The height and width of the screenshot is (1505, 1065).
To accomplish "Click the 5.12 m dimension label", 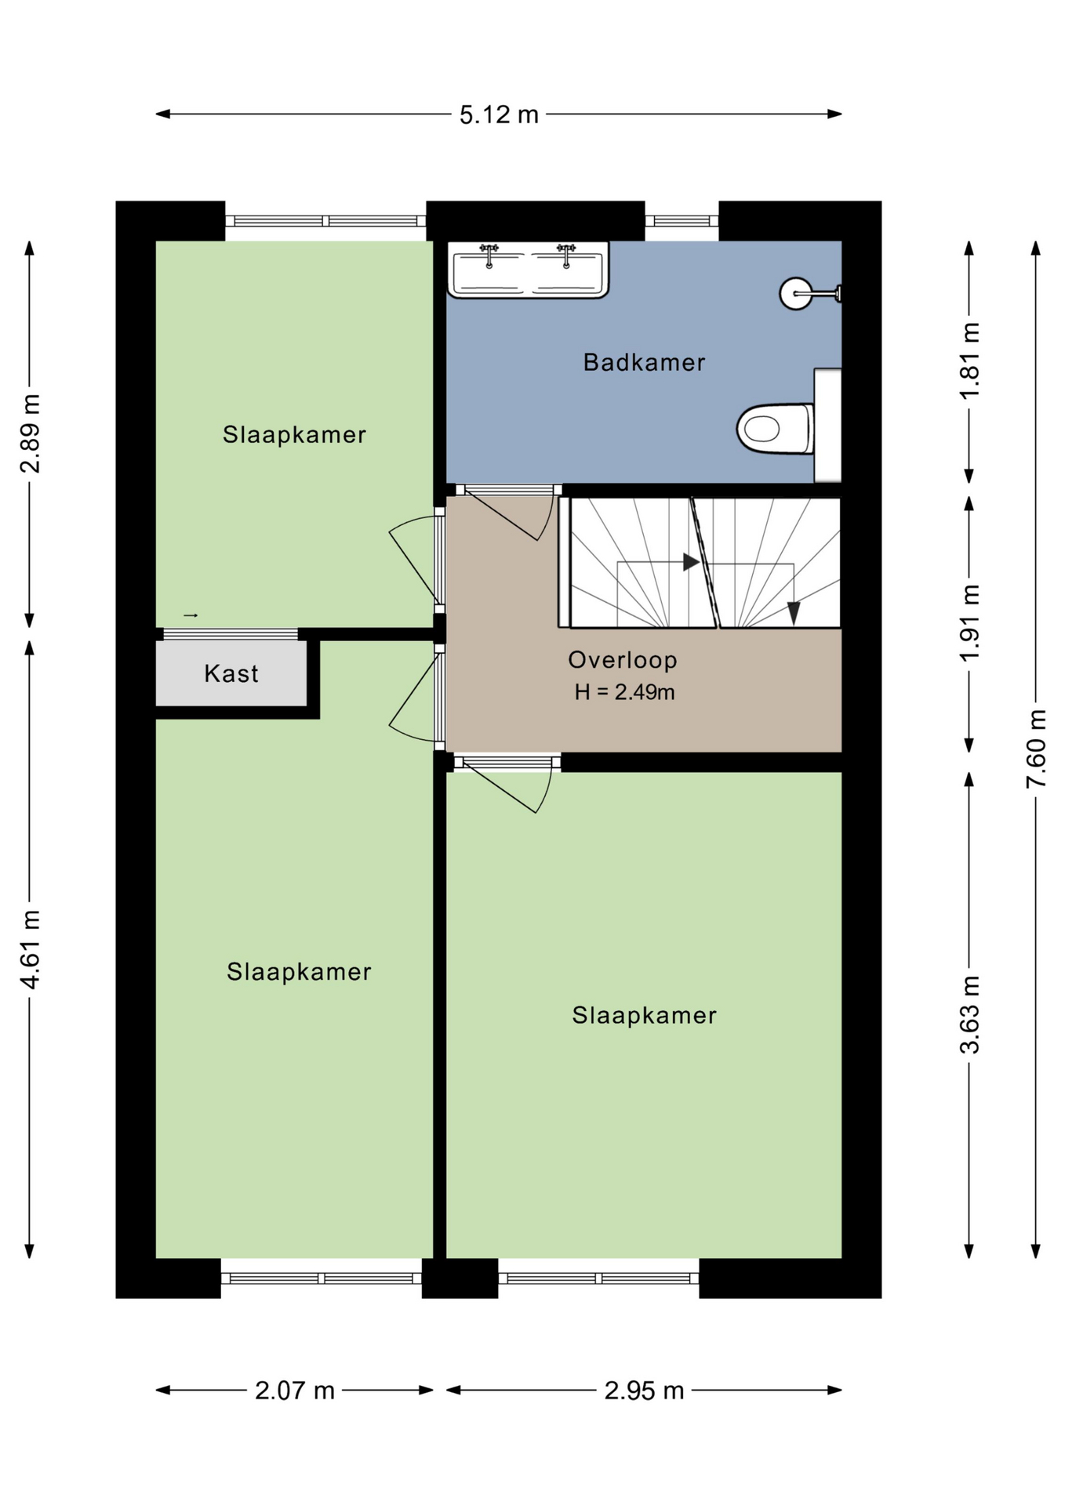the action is [499, 115].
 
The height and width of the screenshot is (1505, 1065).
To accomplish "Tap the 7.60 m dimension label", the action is [1036, 749].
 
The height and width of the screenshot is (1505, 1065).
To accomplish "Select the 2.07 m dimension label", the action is [295, 1391].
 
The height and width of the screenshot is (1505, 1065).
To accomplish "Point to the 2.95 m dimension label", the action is [644, 1391].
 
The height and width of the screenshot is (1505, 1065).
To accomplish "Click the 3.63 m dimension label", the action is [969, 1014].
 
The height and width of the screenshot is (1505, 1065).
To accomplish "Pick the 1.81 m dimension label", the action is [969, 361].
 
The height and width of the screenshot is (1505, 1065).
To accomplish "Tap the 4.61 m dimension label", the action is [30, 949].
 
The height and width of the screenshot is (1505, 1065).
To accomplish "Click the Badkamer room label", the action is [644, 362].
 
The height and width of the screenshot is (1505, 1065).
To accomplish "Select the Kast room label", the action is [231, 673].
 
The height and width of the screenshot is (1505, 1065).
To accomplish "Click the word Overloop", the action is [623, 660].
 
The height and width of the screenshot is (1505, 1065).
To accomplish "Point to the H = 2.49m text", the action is [624, 692].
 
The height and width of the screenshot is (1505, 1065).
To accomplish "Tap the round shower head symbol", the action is [795, 294].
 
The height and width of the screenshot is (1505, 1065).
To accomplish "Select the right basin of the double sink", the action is [566, 271].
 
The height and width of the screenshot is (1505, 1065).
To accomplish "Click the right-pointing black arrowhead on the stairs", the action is [691, 562].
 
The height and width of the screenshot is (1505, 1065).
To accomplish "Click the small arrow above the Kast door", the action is [191, 615].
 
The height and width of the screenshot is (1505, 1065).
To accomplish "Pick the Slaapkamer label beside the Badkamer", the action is [294, 434].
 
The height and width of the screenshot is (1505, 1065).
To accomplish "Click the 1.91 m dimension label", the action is [969, 623].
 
